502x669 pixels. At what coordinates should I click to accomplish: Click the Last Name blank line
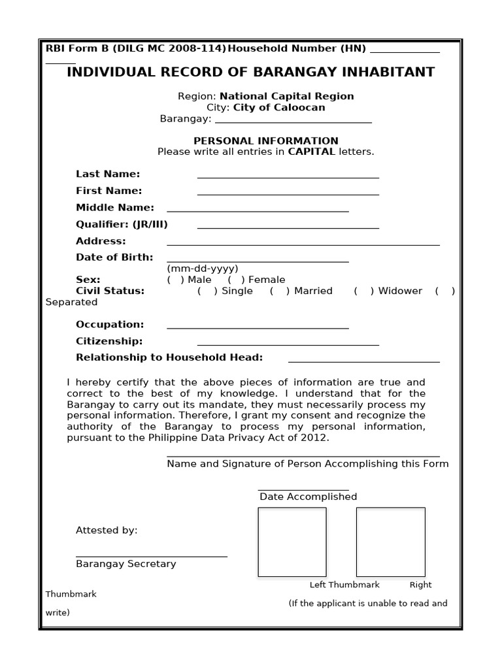click(288, 176)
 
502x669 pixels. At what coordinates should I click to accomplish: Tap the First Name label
click(109, 191)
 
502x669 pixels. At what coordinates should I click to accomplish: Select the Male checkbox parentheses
click(175, 280)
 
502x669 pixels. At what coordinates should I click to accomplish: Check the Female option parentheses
click(236, 280)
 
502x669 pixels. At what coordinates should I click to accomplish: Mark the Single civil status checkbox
click(207, 291)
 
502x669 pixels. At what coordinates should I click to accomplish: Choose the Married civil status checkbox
click(279, 291)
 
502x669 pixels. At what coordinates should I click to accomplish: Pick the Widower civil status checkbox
click(363, 291)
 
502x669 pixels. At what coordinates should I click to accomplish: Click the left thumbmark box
click(292, 542)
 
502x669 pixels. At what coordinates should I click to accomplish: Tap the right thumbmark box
click(390, 542)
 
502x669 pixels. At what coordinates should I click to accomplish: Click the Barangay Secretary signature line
click(151, 556)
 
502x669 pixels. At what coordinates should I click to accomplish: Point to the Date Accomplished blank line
click(303, 489)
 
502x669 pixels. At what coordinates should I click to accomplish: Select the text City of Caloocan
click(279, 107)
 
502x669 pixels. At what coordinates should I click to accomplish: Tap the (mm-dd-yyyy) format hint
click(202, 269)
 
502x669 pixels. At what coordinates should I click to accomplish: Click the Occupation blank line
click(258, 328)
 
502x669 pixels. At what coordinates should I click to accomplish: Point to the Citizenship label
click(109, 341)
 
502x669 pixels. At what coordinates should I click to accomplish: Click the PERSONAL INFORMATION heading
click(265, 140)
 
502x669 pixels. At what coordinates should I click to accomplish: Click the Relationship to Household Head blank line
click(363, 361)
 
